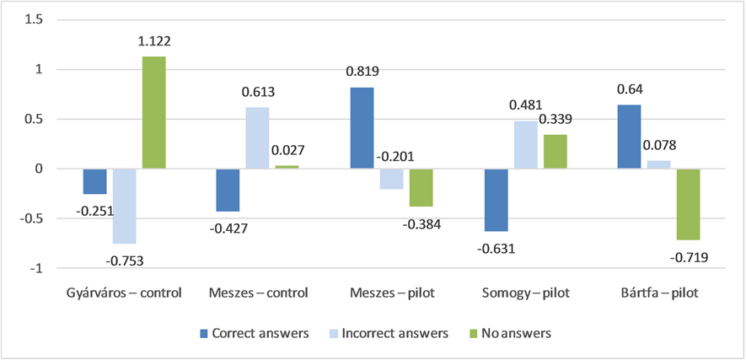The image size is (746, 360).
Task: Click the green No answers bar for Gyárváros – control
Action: (x=153, y=113)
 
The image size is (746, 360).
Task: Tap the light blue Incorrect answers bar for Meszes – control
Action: (x=257, y=138)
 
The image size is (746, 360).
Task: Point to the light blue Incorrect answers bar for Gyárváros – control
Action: (x=124, y=206)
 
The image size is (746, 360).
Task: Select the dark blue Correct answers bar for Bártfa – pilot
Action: (x=628, y=137)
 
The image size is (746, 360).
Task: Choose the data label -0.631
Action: (x=496, y=248)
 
